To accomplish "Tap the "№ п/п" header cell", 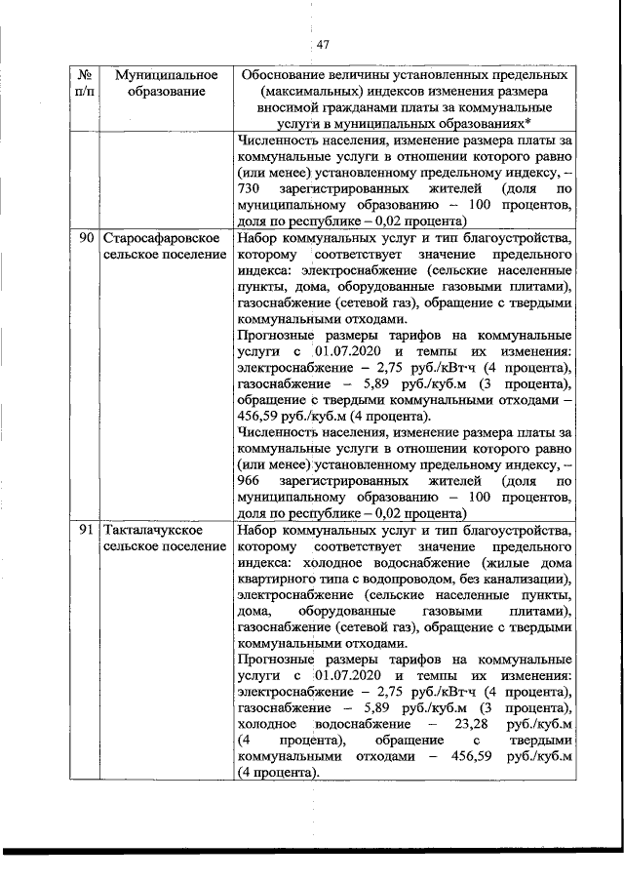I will pos(86,83).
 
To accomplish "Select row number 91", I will pos(86,530).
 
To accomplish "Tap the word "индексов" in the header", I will pos(388,92).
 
